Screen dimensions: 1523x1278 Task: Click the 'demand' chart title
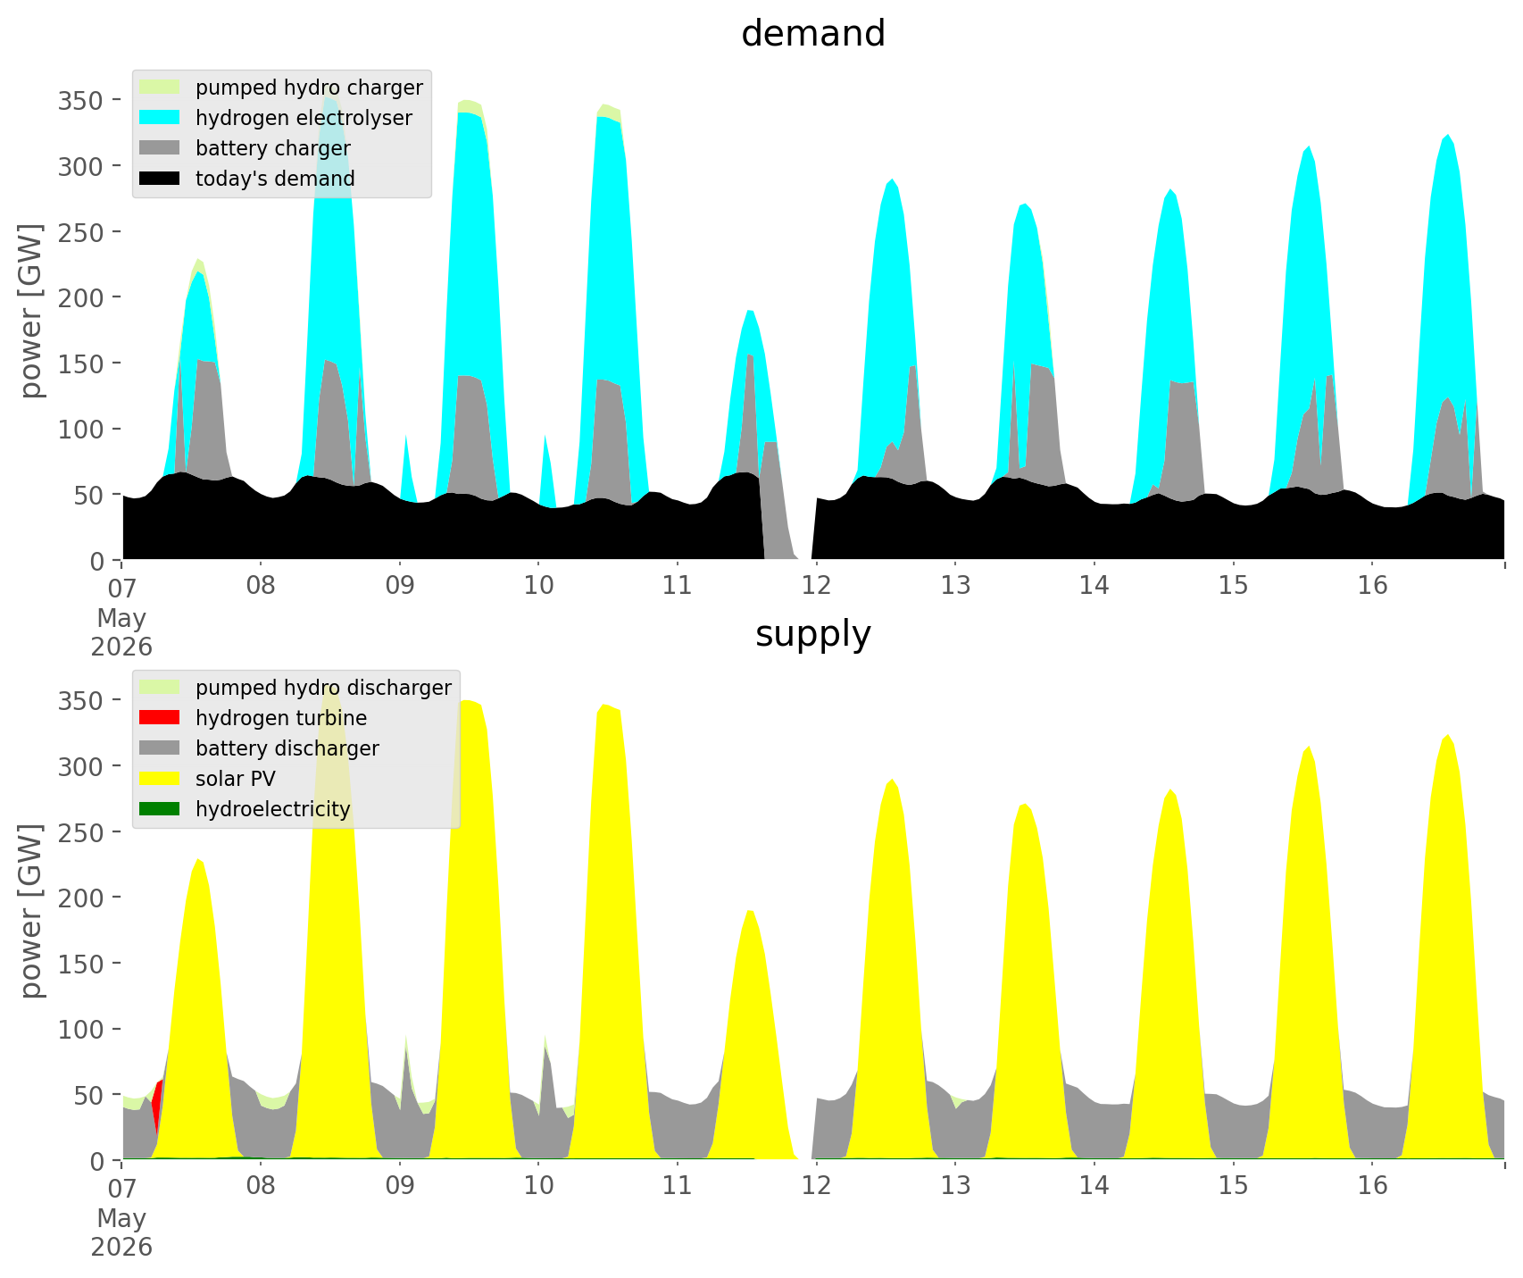coord(813,34)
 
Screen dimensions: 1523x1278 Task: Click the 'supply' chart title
coord(813,634)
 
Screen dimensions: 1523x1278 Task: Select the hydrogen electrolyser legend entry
coord(277,118)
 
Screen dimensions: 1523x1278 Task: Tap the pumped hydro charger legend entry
coord(282,88)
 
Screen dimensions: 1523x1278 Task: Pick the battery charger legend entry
coord(246,148)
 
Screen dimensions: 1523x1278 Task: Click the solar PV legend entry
coord(208,779)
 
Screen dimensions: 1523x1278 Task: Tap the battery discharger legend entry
coord(260,748)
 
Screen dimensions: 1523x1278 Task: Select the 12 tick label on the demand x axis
coord(816,586)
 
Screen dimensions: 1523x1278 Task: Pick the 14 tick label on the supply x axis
coord(1094,1186)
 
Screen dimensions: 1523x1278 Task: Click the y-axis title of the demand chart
coord(32,312)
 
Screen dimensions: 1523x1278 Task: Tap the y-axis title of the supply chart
coord(32,912)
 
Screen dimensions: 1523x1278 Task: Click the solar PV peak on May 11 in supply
coord(750,911)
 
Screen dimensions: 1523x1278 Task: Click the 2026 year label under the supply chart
coord(121,1247)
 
